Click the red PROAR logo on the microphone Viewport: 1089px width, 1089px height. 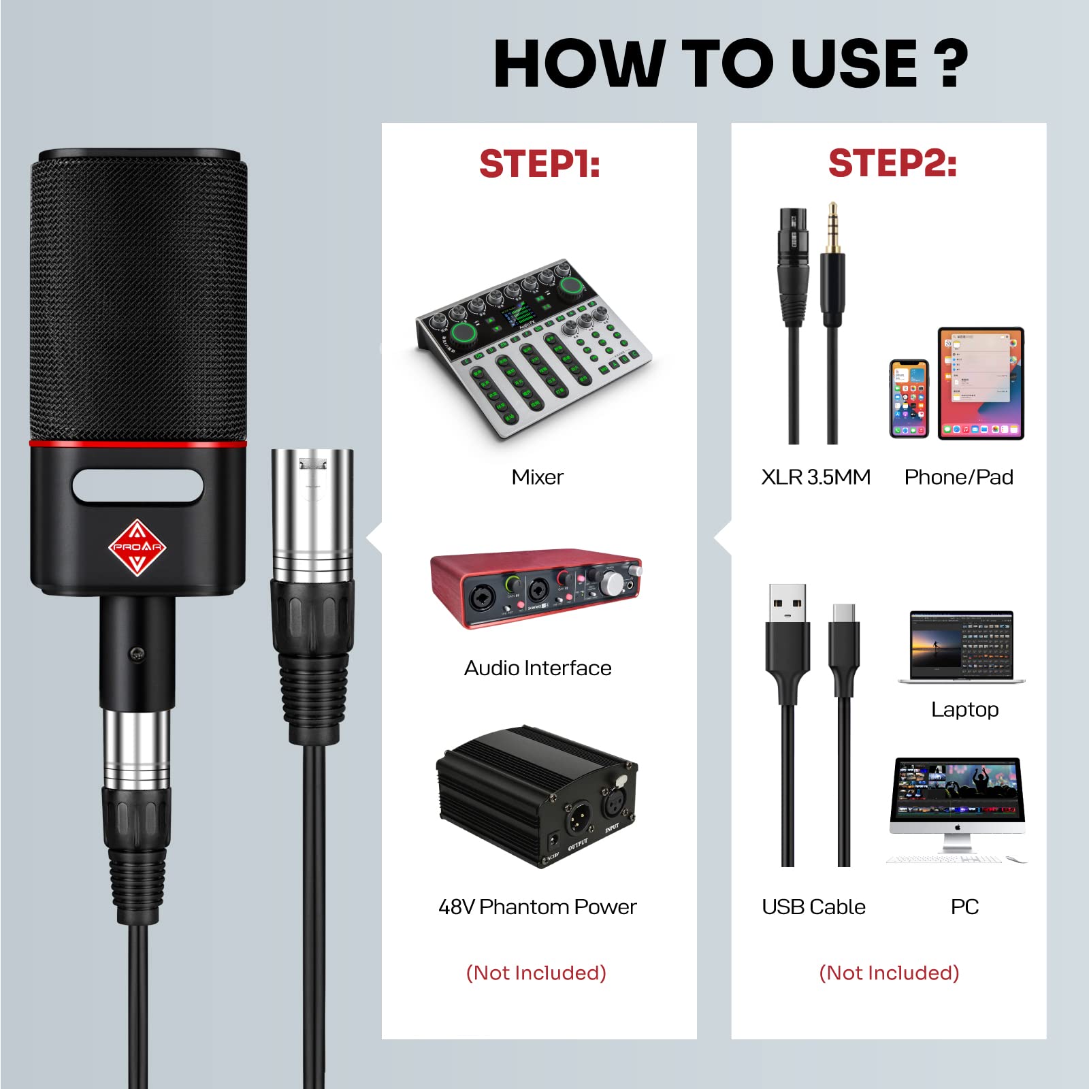click(137, 547)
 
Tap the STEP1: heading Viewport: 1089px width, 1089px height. click(539, 164)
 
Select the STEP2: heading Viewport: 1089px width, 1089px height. click(892, 164)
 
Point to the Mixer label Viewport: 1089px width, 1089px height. click(537, 477)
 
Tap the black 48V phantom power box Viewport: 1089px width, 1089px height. click(536, 796)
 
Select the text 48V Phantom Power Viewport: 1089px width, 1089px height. click(537, 907)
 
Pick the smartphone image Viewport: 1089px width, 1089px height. click(909, 399)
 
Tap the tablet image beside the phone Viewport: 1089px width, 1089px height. click(981, 383)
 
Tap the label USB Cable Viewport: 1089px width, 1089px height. click(813, 907)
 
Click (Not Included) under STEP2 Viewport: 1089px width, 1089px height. click(889, 973)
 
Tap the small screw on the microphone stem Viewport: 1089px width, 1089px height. click(137, 654)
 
